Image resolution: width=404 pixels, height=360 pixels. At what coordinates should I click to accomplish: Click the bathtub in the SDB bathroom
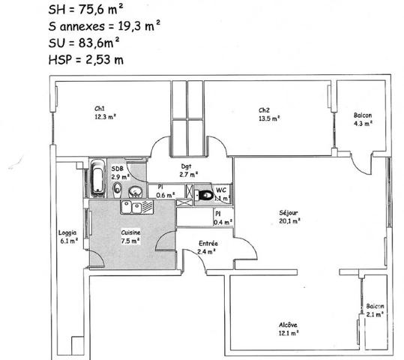[98, 178]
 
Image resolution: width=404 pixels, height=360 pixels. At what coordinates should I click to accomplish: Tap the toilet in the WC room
[204, 195]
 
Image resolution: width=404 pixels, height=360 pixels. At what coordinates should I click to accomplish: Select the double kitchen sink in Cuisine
[137, 207]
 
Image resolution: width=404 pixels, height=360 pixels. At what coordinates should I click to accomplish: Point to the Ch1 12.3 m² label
[105, 112]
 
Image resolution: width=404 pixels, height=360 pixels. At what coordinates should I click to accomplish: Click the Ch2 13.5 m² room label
[269, 115]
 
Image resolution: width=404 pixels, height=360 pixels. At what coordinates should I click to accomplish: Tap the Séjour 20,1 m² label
[289, 217]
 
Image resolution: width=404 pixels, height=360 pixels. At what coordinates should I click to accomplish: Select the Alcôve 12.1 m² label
[289, 329]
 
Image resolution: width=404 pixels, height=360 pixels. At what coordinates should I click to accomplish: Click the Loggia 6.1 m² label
[68, 237]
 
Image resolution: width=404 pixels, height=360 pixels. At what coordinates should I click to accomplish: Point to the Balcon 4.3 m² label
[363, 119]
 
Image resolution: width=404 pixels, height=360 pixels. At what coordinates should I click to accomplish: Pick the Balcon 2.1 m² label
[375, 310]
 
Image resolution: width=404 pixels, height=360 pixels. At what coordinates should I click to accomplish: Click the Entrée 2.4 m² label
[208, 247]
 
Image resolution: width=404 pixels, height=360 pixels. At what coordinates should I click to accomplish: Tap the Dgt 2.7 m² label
[189, 170]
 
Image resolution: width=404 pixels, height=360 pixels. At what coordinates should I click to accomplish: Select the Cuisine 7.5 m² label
[130, 236]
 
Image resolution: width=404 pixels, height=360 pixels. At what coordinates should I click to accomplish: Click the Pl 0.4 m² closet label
[223, 218]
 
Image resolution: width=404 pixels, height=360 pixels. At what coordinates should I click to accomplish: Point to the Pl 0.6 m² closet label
[166, 191]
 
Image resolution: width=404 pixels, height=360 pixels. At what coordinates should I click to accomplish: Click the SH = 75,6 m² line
[85, 10]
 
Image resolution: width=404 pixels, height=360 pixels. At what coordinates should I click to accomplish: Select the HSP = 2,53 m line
[86, 60]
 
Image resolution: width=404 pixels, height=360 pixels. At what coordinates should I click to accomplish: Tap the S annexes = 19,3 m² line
[104, 26]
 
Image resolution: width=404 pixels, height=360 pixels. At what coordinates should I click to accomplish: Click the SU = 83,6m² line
[84, 43]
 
